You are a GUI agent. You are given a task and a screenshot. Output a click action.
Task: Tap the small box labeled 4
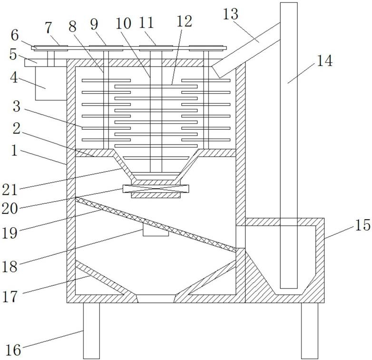(x=50, y=84)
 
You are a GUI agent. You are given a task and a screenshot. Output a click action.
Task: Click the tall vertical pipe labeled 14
(x=289, y=143)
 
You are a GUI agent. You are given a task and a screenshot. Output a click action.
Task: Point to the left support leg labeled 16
(x=91, y=330)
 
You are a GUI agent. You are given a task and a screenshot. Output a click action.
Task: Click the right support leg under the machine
(x=309, y=330)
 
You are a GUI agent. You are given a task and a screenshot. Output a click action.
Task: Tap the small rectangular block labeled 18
(x=156, y=231)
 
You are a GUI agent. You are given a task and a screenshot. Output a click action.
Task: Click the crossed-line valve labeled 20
(x=156, y=189)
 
